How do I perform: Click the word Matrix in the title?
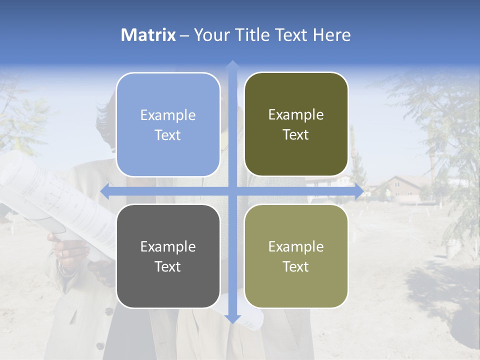148,35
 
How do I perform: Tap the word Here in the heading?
331,35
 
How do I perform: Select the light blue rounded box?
168,124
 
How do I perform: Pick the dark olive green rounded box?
296,124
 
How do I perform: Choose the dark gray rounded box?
168,256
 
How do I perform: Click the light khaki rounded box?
296,256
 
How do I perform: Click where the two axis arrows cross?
232,191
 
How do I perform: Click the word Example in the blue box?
168,115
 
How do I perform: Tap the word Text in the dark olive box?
296,135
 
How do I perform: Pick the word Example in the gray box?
168,246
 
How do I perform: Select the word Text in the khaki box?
296,266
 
